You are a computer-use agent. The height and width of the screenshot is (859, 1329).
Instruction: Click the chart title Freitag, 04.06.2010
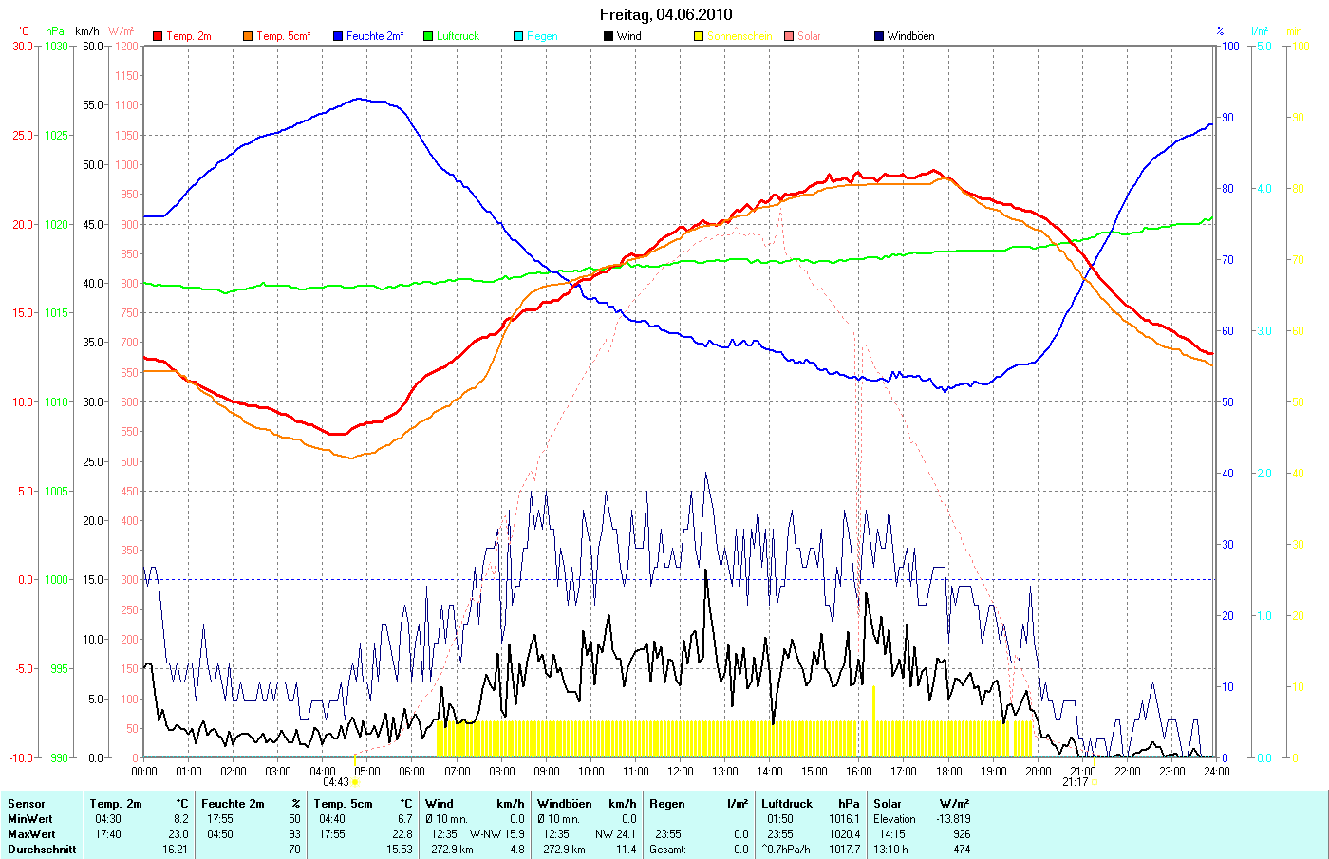coord(665,14)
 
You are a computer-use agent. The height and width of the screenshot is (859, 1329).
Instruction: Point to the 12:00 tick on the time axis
coord(681,772)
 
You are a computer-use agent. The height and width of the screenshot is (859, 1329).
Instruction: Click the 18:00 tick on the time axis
coord(948,772)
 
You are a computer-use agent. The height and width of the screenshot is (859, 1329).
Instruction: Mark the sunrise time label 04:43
coord(336,782)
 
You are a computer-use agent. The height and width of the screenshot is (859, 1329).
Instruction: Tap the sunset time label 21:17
coord(1075,782)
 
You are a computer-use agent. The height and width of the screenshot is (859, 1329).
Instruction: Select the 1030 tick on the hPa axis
coord(56,46)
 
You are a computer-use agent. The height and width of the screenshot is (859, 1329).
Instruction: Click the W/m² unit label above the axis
coord(122,31)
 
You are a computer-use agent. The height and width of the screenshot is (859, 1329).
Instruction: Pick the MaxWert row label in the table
coord(30,834)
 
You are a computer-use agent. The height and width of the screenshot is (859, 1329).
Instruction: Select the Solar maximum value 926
coord(961,834)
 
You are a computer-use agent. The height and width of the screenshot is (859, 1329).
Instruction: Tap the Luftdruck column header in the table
coord(787,804)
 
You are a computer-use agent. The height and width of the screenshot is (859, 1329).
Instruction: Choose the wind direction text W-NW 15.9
coord(496,834)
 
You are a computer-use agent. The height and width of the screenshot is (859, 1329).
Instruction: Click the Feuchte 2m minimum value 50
coord(294,819)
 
